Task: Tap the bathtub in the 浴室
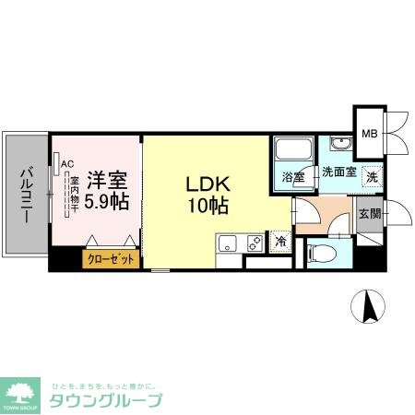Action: click(x=292, y=148)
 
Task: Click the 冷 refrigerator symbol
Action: click(x=280, y=243)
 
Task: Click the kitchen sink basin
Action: click(x=227, y=244)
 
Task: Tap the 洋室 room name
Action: click(x=107, y=178)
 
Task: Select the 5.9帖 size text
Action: click(x=108, y=199)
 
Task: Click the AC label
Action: click(x=66, y=165)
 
